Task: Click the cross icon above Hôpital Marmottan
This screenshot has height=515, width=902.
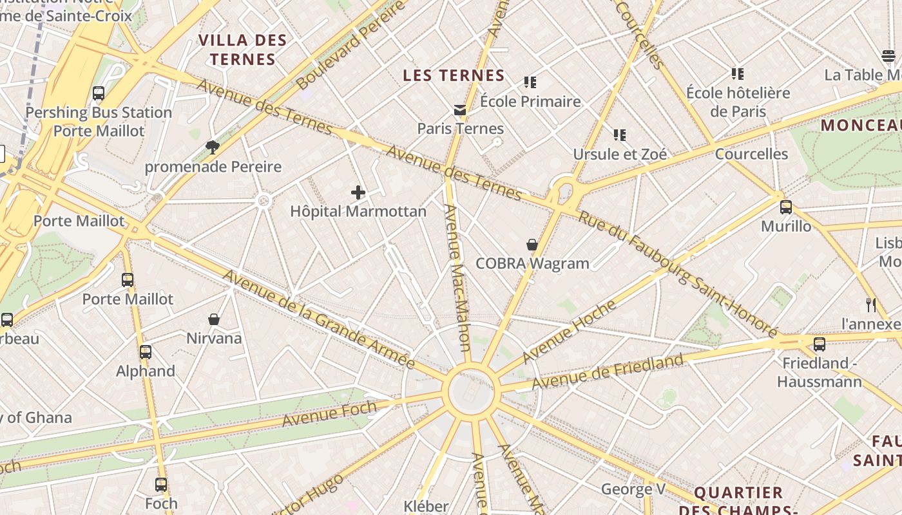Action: pyautogui.click(x=358, y=192)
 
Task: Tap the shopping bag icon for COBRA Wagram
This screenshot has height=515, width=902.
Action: pyautogui.click(x=532, y=245)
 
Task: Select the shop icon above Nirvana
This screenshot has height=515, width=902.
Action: pyautogui.click(x=214, y=319)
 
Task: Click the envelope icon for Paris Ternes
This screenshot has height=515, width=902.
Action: pyautogui.click(x=460, y=110)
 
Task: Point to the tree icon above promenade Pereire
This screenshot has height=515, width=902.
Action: pyautogui.click(x=213, y=147)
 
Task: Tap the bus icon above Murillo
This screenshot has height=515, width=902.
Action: pyautogui.click(x=786, y=207)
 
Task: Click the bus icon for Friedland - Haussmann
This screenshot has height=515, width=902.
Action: pyautogui.click(x=820, y=344)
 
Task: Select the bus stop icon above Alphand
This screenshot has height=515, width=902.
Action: pyautogui.click(x=146, y=352)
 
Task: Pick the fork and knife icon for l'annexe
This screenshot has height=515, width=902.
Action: pyautogui.click(x=871, y=305)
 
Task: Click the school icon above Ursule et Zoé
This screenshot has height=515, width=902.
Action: pyautogui.click(x=620, y=135)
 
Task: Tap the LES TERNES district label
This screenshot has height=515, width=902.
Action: pyautogui.click(x=454, y=75)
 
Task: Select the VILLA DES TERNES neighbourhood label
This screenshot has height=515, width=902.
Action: pyautogui.click(x=242, y=50)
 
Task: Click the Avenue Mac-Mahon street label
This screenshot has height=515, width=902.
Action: pyautogui.click(x=457, y=277)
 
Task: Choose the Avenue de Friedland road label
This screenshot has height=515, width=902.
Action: pyautogui.click(x=608, y=371)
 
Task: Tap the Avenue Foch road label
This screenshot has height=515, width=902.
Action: pyautogui.click(x=329, y=413)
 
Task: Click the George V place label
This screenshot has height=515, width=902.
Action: pyautogui.click(x=633, y=489)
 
